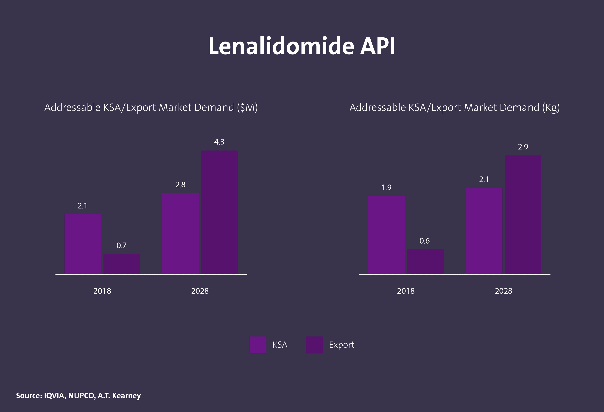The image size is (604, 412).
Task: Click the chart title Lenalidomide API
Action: pos(302,46)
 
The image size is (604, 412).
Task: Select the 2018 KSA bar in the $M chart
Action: pos(83,244)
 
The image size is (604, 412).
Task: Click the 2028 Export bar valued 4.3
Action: pos(219,212)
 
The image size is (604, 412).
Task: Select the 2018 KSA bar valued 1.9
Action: pos(386,235)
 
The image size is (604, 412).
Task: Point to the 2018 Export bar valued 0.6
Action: pos(425,261)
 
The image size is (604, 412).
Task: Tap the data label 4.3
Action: pos(219,142)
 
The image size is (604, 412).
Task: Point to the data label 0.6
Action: pos(424,241)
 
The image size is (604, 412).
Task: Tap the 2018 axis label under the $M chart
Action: pos(102,291)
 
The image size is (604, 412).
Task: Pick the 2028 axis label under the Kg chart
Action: pos(503,291)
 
